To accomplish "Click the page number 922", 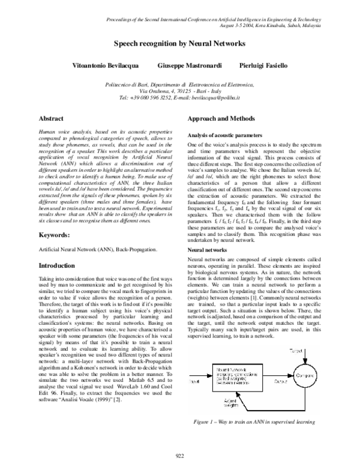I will point(179,457).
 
